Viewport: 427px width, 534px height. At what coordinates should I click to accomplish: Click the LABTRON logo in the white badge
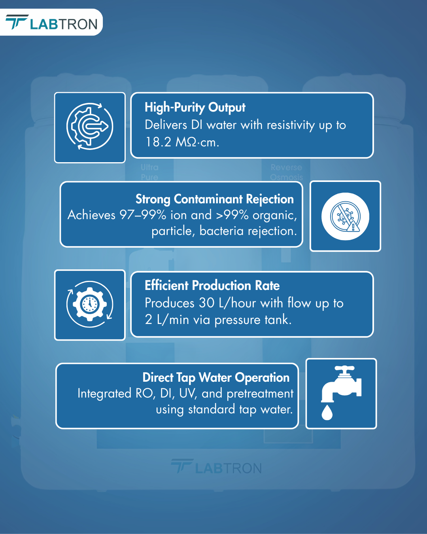51,22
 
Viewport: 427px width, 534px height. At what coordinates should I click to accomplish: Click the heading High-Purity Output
195,108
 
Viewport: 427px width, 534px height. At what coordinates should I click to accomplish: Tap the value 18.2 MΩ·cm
182,142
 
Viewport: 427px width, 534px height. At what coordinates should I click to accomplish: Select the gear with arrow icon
90,126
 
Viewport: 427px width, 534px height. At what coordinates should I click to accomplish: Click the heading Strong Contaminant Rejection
215,199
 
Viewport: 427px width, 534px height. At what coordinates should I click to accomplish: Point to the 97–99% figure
143,215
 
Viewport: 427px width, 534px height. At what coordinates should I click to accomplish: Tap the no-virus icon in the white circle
345,216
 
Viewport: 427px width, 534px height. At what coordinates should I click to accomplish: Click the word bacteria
221,231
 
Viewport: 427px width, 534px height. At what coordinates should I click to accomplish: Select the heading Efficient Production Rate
212,285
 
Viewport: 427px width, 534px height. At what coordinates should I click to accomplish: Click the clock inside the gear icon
90,304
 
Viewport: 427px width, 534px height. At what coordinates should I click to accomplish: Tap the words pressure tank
253,320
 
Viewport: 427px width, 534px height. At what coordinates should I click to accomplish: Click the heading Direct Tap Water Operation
216,377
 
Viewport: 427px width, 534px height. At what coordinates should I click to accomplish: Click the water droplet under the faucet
327,413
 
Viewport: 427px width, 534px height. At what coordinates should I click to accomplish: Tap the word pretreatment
260,394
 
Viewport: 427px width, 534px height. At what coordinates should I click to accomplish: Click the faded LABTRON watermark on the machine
216,466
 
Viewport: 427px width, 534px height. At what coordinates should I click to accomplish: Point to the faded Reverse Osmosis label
286,172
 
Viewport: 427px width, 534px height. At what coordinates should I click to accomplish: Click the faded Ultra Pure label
149,172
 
